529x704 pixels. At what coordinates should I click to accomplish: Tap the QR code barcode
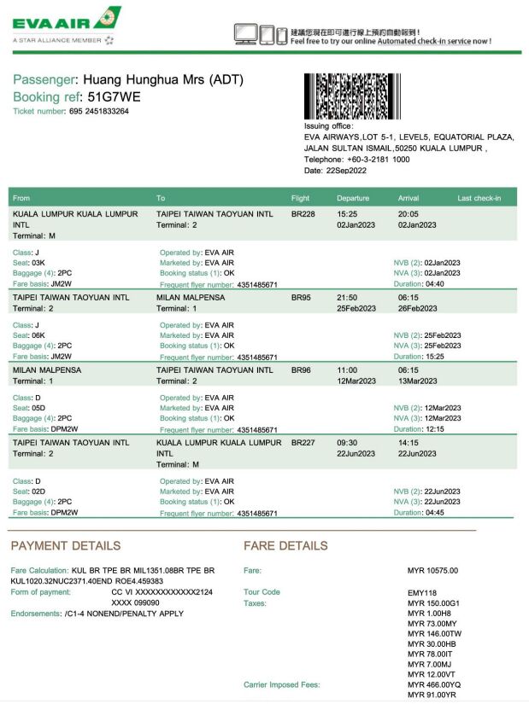pyautogui.click(x=350, y=96)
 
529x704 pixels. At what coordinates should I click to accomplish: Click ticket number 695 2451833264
pyautogui.click(x=99, y=111)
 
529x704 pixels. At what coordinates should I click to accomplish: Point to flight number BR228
pyautogui.click(x=303, y=214)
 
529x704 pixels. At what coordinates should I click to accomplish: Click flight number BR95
pyautogui.click(x=301, y=298)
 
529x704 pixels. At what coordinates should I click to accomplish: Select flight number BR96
pyautogui.click(x=301, y=370)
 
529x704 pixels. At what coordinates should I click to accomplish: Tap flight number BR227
pyautogui.click(x=303, y=443)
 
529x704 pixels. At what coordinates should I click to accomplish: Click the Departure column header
pyautogui.click(x=353, y=199)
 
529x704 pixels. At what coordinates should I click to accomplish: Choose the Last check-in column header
pyautogui.click(x=479, y=199)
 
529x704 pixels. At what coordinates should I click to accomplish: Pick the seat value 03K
pyautogui.click(x=45, y=263)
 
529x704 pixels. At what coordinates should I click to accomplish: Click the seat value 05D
pyautogui.click(x=45, y=408)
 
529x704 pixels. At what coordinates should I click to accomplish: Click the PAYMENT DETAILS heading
pyautogui.click(x=66, y=545)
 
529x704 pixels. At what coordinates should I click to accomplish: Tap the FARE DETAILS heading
pyautogui.click(x=285, y=545)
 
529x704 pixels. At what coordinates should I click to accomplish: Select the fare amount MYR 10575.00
pyautogui.click(x=432, y=570)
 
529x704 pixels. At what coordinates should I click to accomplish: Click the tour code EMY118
pyautogui.click(x=422, y=592)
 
